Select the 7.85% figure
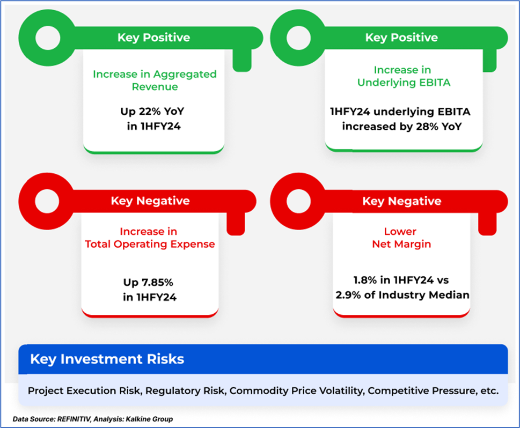tap(157, 283)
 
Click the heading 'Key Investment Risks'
tap(107, 359)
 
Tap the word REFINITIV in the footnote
tap(74, 419)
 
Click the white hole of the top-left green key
tap(48, 38)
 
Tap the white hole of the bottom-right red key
tap(298, 201)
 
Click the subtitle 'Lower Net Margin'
tap(401, 238)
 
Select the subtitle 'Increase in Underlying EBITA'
tap(404, 76)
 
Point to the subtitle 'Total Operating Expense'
tap(150, 244)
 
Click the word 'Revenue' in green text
tap(155, 87)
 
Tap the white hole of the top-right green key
tap(298, 38)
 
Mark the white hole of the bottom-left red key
tap(47, 201)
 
